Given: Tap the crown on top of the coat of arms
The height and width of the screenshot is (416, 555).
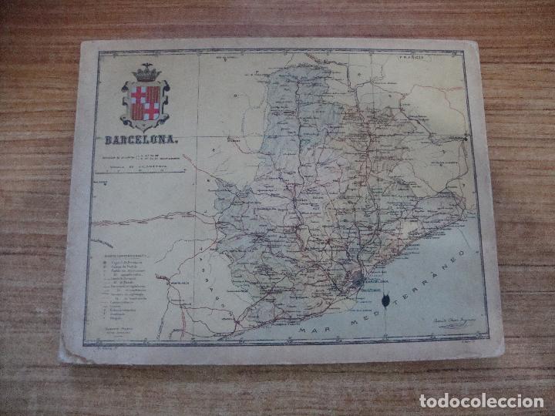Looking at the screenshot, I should [x=144, y=75].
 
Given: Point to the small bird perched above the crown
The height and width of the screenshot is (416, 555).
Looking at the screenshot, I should [x=144, y=65].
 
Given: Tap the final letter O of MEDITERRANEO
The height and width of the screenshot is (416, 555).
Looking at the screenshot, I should [x=464, y=253].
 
